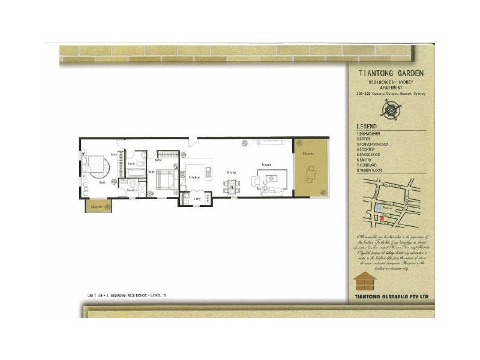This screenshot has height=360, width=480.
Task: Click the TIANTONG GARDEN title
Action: (391, 73)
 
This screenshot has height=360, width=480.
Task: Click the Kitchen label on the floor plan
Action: (194, 178)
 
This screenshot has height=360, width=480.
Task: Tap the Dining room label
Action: (230, 173)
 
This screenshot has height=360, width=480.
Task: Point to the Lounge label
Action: (267, 164)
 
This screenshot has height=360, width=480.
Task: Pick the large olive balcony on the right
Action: (311, 169)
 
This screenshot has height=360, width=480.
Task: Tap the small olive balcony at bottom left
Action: (98, 206)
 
